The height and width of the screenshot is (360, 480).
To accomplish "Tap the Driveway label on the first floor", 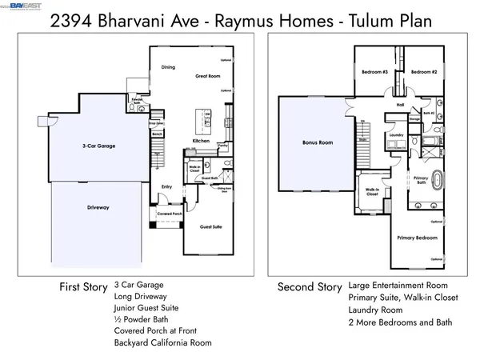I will [x=98, y=208].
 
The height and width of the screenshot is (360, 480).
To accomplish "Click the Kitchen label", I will [x=201, y=142].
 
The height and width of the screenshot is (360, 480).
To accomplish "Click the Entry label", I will [x=166, y=187].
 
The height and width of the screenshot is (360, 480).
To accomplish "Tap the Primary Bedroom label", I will [x=414, y=238].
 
